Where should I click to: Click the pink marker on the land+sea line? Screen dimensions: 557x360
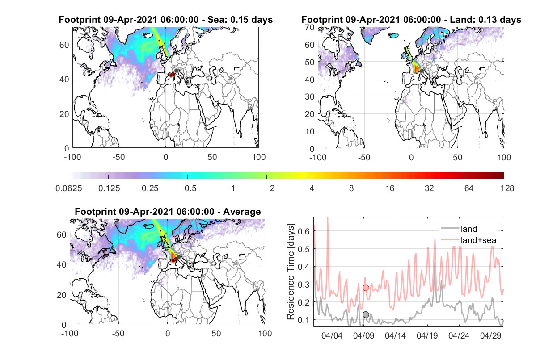pos(366,288)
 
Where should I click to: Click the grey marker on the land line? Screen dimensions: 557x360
pos(366,314)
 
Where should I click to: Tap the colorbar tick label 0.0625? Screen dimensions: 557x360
pos(69,188)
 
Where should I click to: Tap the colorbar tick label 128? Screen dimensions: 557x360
pos(507,188)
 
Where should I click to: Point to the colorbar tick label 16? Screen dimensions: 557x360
pos(390,188)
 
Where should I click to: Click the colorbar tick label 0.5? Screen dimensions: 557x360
pos(190,188)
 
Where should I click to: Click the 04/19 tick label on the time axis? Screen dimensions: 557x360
pos(427,335)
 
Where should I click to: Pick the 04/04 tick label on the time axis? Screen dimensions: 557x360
pos(332,335)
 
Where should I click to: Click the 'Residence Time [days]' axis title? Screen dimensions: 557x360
pos(291,272)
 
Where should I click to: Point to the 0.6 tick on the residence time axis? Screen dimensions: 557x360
pos(304,231)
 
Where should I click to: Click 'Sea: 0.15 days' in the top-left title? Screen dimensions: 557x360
pos(240,20)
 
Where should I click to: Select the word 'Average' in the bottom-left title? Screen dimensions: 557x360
pos(242,212)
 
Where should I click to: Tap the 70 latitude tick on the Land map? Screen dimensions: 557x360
pos(310,27)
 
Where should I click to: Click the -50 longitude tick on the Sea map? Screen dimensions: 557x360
pos(119,157)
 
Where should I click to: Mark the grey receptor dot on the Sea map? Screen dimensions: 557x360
pos(176,71)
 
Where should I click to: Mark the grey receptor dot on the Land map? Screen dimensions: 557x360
pos(422,71)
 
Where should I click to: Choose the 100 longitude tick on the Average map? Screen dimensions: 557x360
pos(265,333)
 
